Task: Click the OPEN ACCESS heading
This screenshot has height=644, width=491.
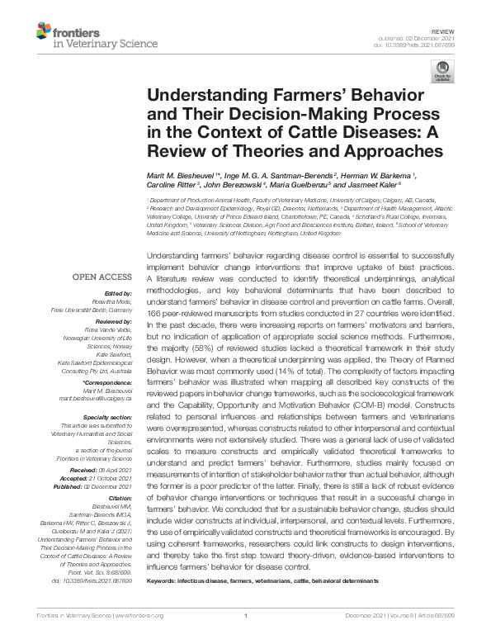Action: [x=103, y=254]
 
